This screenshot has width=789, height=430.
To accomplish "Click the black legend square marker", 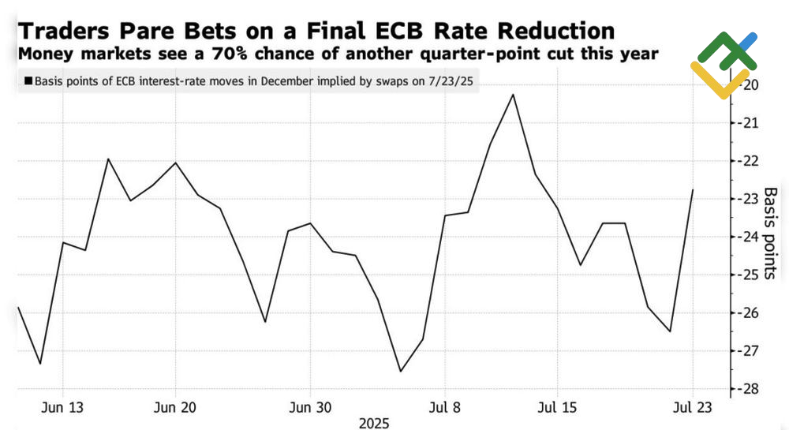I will coord(28,80).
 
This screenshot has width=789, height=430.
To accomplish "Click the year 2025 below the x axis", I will coord(375,423).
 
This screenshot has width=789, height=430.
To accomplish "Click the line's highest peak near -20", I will coord(513,95).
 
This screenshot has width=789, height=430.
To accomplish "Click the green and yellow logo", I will coord(724,65).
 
